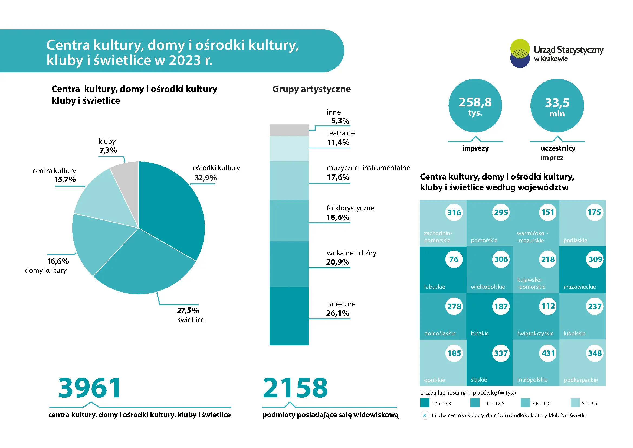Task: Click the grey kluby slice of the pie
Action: point(127,182)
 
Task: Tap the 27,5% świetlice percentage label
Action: point(188,310)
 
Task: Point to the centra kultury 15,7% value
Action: point(65,179)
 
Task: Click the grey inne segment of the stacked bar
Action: point(289,130)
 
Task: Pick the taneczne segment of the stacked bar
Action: point(289,316)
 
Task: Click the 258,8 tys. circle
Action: point(475,105)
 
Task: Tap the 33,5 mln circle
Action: point(557,105)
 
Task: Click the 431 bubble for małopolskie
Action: point(548,353)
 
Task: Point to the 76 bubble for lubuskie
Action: point(454,259)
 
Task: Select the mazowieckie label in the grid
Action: point(579,287)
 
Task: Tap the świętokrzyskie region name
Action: point(535,333)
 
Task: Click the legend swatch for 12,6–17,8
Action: point(425,403)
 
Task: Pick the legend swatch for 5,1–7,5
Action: point(575,403)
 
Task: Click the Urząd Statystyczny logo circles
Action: point(520,53)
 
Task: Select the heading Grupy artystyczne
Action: point(311,89)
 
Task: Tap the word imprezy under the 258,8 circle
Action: point(475,148)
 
